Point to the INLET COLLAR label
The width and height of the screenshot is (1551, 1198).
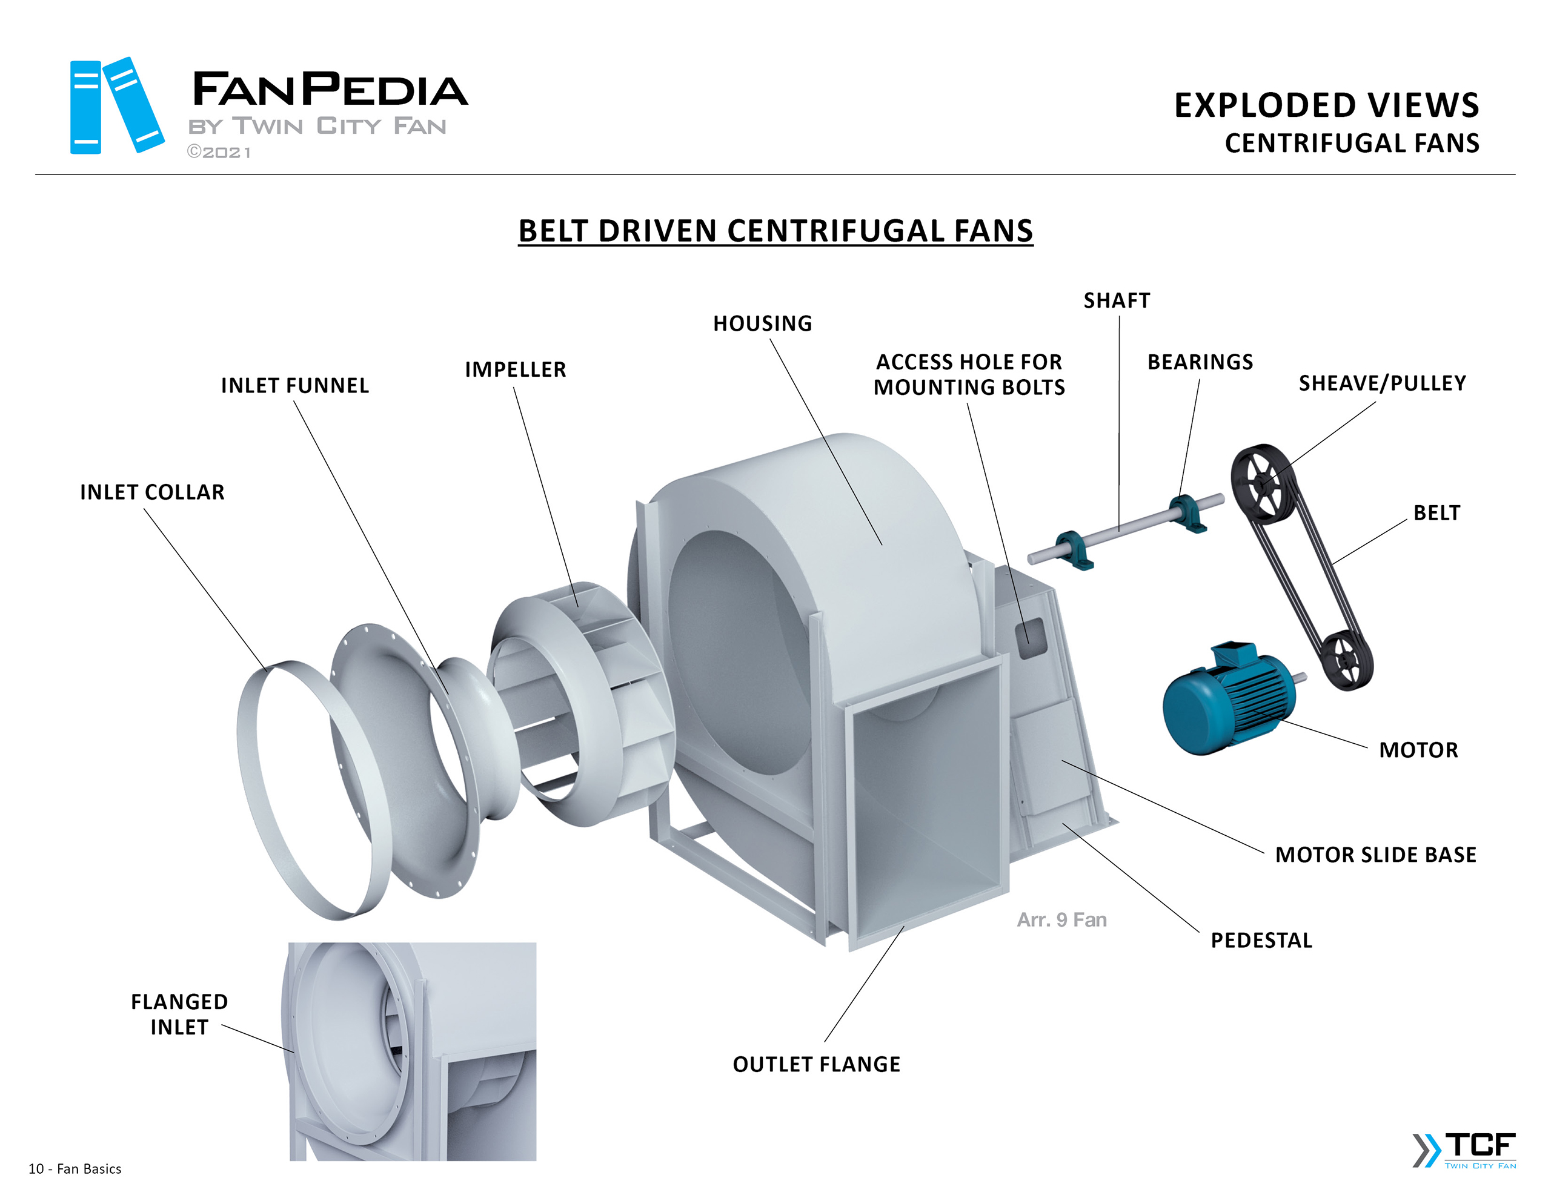tap(152, 492)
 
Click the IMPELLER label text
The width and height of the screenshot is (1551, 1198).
tap(516, 370)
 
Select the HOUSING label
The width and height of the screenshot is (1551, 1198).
tap(763, 324)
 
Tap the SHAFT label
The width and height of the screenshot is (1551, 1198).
tap(1117, 301)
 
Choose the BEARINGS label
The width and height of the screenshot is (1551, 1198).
tap(1200, 362)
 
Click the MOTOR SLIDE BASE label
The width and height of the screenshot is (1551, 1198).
tap(1375, 855)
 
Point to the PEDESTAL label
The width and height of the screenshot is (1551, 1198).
tap(1261, 941)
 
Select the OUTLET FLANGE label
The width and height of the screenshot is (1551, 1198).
tap(817, 1065)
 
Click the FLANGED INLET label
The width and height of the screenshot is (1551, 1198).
tap(180, 1014)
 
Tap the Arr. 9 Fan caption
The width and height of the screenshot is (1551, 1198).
tap(1061, 921)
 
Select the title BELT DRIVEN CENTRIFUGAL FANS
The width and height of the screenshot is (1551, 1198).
tap(775, 231)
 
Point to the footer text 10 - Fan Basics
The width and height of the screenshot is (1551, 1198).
tap(75, 1169)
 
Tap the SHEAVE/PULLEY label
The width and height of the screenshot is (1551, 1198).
tap(1382, 383)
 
